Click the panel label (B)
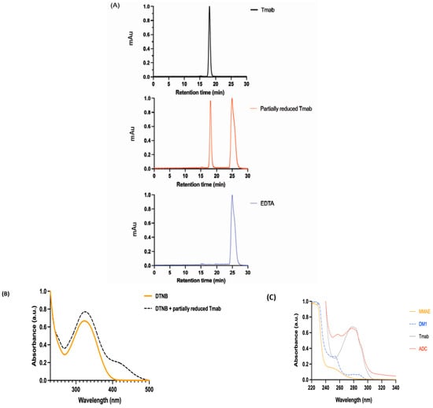coord(6,273)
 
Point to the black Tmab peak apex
coord(209,8)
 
